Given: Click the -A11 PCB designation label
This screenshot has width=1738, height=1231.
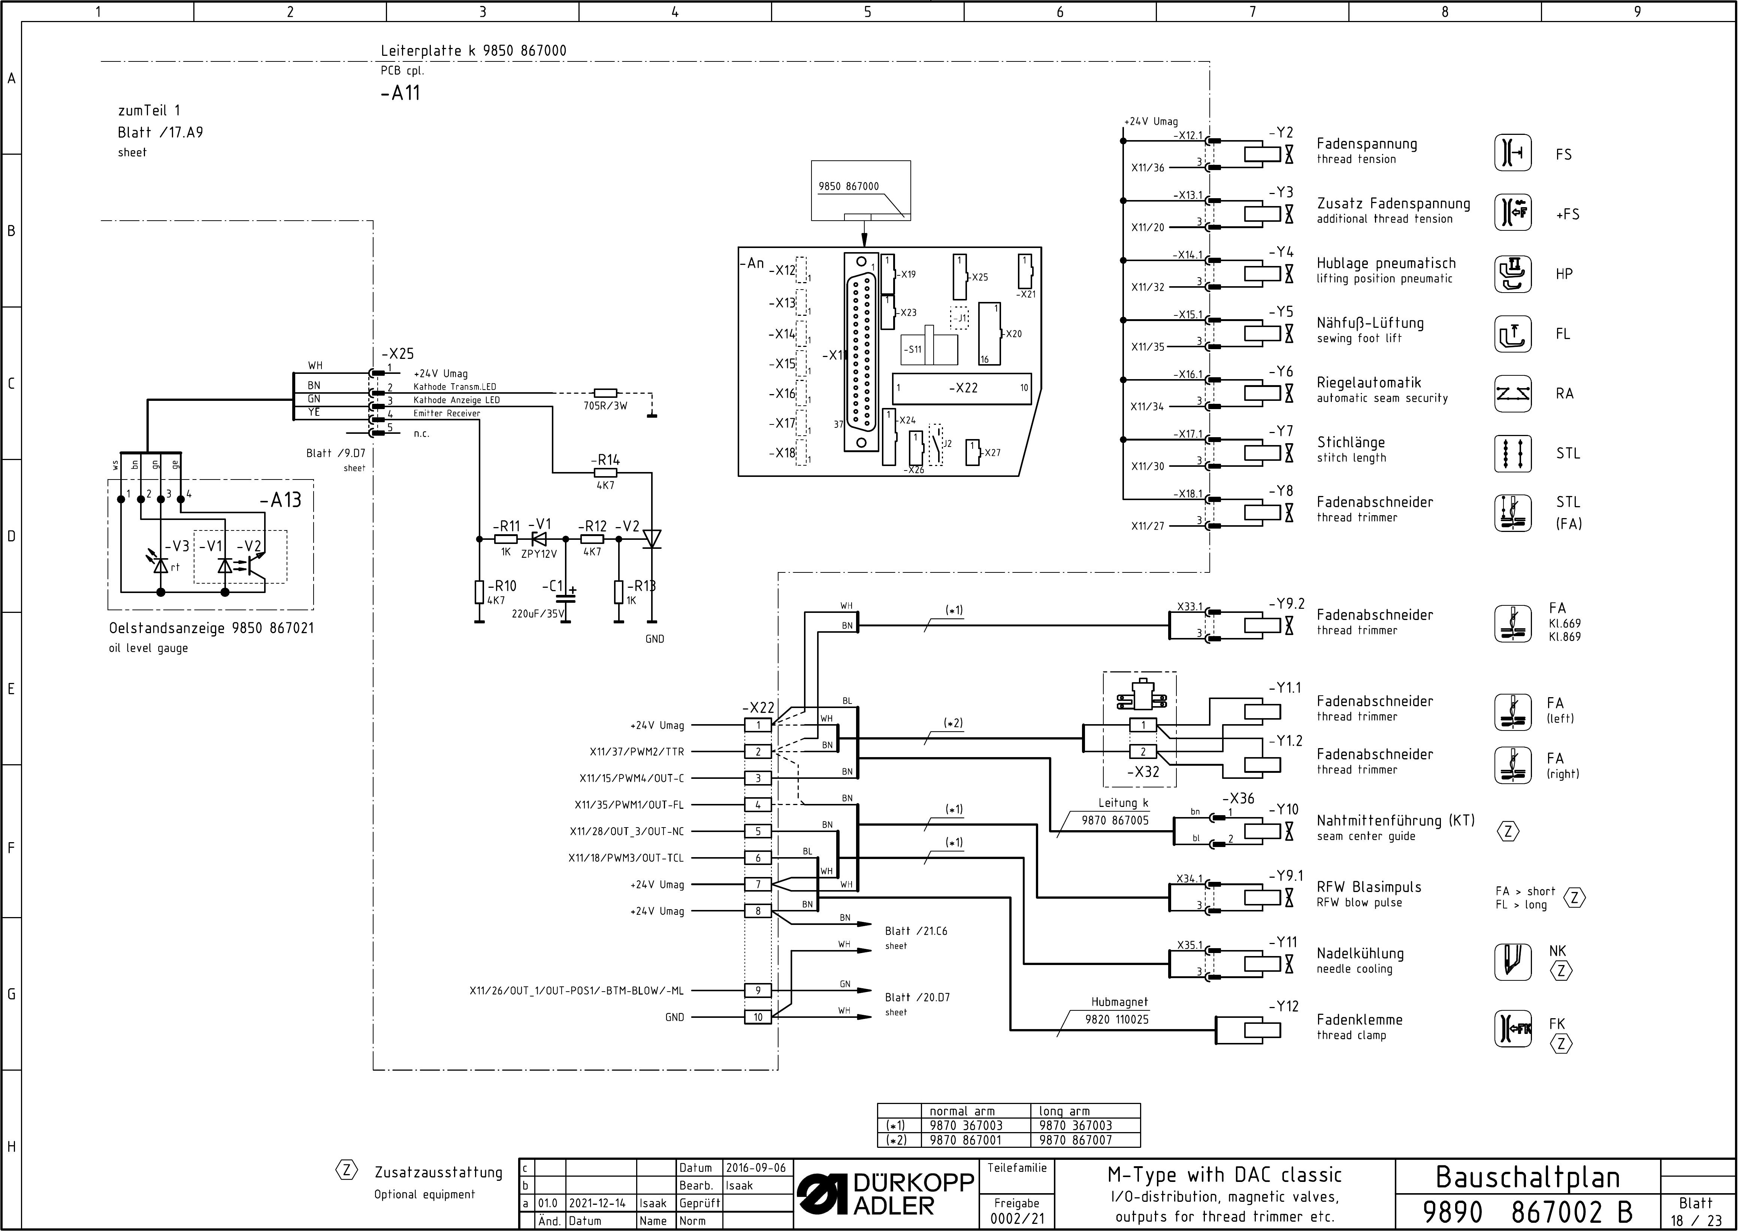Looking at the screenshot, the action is point(400,93).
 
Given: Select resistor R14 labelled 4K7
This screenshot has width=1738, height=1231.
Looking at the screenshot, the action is point(605,473).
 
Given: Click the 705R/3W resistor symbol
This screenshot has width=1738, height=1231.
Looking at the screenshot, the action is point(605,393).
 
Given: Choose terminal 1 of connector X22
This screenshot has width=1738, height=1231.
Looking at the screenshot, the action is point(758,725).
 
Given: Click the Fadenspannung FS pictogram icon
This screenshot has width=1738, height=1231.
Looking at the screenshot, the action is point(1513,154).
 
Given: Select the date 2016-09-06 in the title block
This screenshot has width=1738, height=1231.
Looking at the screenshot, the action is point(756,1168).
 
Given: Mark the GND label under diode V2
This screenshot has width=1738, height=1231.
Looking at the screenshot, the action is point(655,639).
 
